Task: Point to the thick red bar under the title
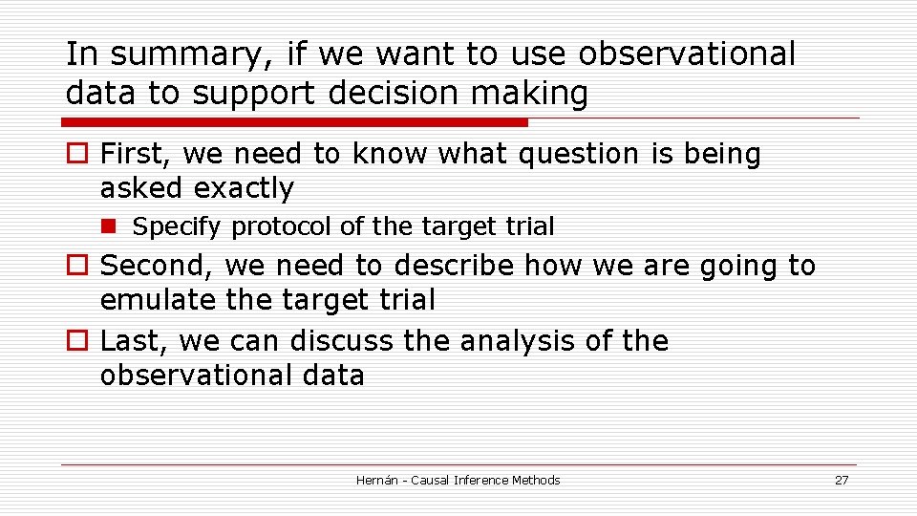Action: click(294, 122)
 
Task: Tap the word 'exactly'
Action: click(244, 189)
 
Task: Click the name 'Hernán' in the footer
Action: click(378, 480)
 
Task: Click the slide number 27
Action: click(841, 480)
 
